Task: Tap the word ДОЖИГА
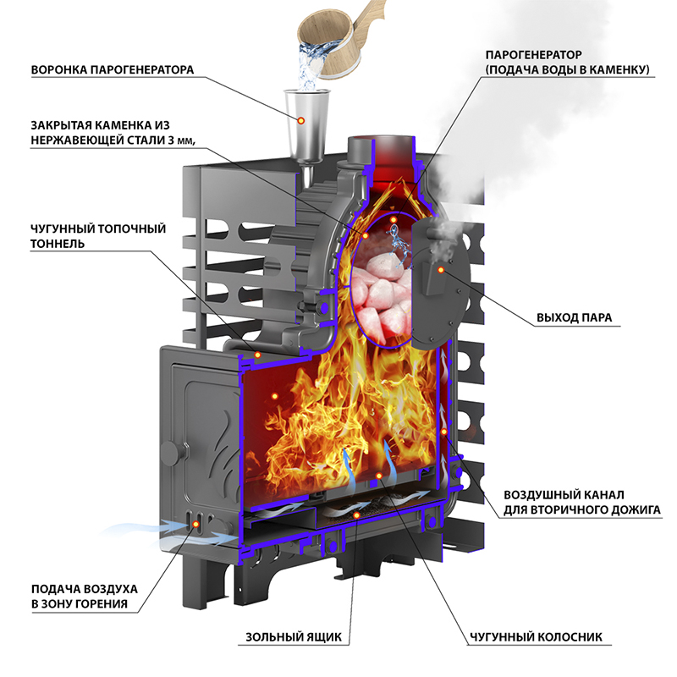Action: pyautogui.click(x=631, y=509)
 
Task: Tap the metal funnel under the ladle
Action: pyautogui.click(x=306, y=123)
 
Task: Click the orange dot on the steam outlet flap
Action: pyautogui.click(x=442, y=268)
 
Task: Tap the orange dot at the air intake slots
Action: pyautogui.click(x=197, y=524)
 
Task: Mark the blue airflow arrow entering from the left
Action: pyautogui.click(x=144, y=530)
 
